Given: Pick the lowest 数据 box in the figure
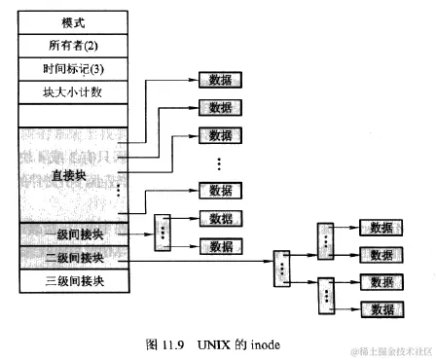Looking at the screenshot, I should [381, 307].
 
